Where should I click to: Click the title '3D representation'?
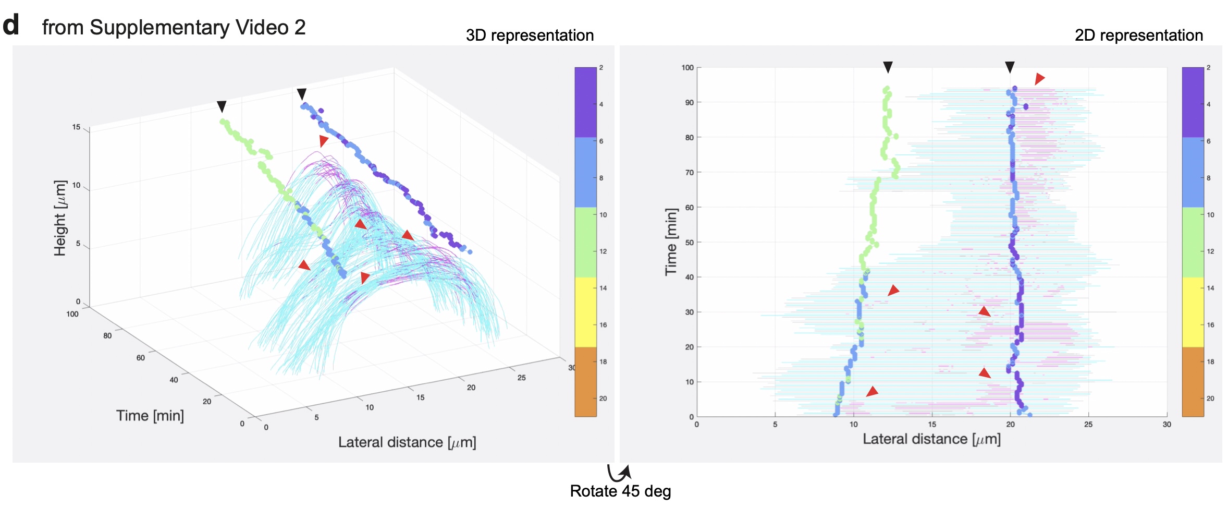pyautogui.click(x=530, y=35)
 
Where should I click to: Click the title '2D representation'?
pyautogui.click(x=1139, y=35)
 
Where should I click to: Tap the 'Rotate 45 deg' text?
pyautogui.click(x=620, y=491)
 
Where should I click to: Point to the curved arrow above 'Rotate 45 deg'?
pyautogui.click(x=619, y=473)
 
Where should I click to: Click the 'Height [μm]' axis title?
pyautogui.click(x=60, y=218)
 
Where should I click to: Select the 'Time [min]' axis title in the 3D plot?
pyautogui.click(x=150, y=416)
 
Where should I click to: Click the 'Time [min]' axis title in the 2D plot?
pyautogui.click(x=671, y=242)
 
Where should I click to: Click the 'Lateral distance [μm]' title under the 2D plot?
pyautogui.click(x=931, y=439)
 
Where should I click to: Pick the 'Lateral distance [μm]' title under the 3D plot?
pyautogui.click(x=407, y=442)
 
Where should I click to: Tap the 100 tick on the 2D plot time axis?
pyautogui.click(x=687, y=67)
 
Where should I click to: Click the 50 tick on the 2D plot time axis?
pyautogui.click(x=689, y=243)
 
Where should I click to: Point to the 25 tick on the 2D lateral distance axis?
pyautogui.click(x=1088, y=425)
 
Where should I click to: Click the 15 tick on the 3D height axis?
pyautogui.click(x=76, y=127)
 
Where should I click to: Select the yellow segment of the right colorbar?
pyautogui.click(x=1193, y=312)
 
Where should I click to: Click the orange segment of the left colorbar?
pyautogui.click(x=585, y=381)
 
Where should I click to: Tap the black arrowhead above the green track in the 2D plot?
pyautogui.click(x=888, y=67)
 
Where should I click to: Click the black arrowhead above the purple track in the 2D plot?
pyautogui.click(x=1010, y=67)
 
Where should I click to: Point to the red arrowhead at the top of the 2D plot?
pyautogui.click(x=1039, y=78)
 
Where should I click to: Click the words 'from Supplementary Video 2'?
pyautogui.click(x=174, y=27)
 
